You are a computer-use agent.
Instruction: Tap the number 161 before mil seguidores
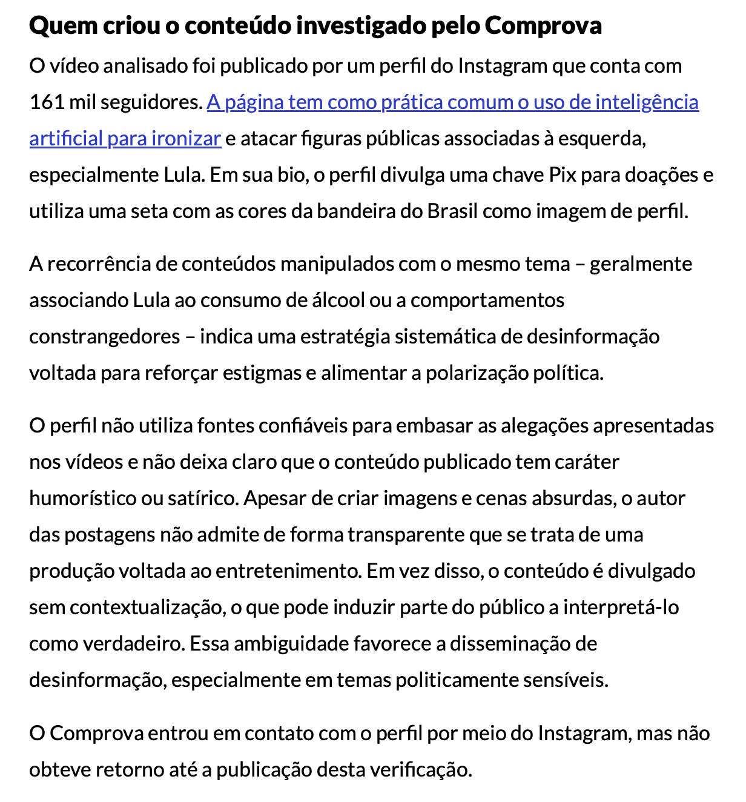(47, 102)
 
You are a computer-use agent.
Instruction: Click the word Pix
(562, 175)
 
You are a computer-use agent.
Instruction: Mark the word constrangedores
(105, 337)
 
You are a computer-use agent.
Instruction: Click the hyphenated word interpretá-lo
(621, 608)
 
